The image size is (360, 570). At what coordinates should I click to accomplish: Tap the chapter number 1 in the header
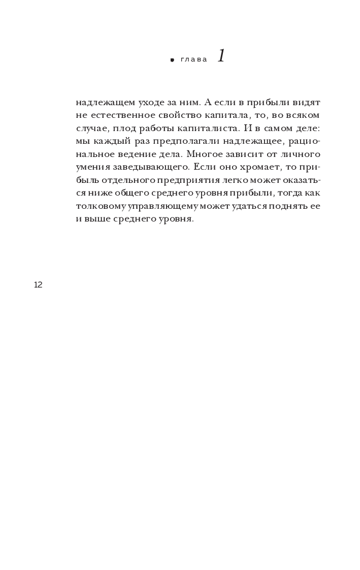pyautogui.click(x=221, y=56)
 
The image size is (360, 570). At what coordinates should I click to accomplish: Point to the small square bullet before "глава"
pyautogui.click(x=172, y=60)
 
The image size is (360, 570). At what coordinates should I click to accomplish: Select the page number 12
pyautogui.click(x=38, y=285)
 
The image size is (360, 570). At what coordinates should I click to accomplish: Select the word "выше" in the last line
pyautogui.click(x=95, y=220)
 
